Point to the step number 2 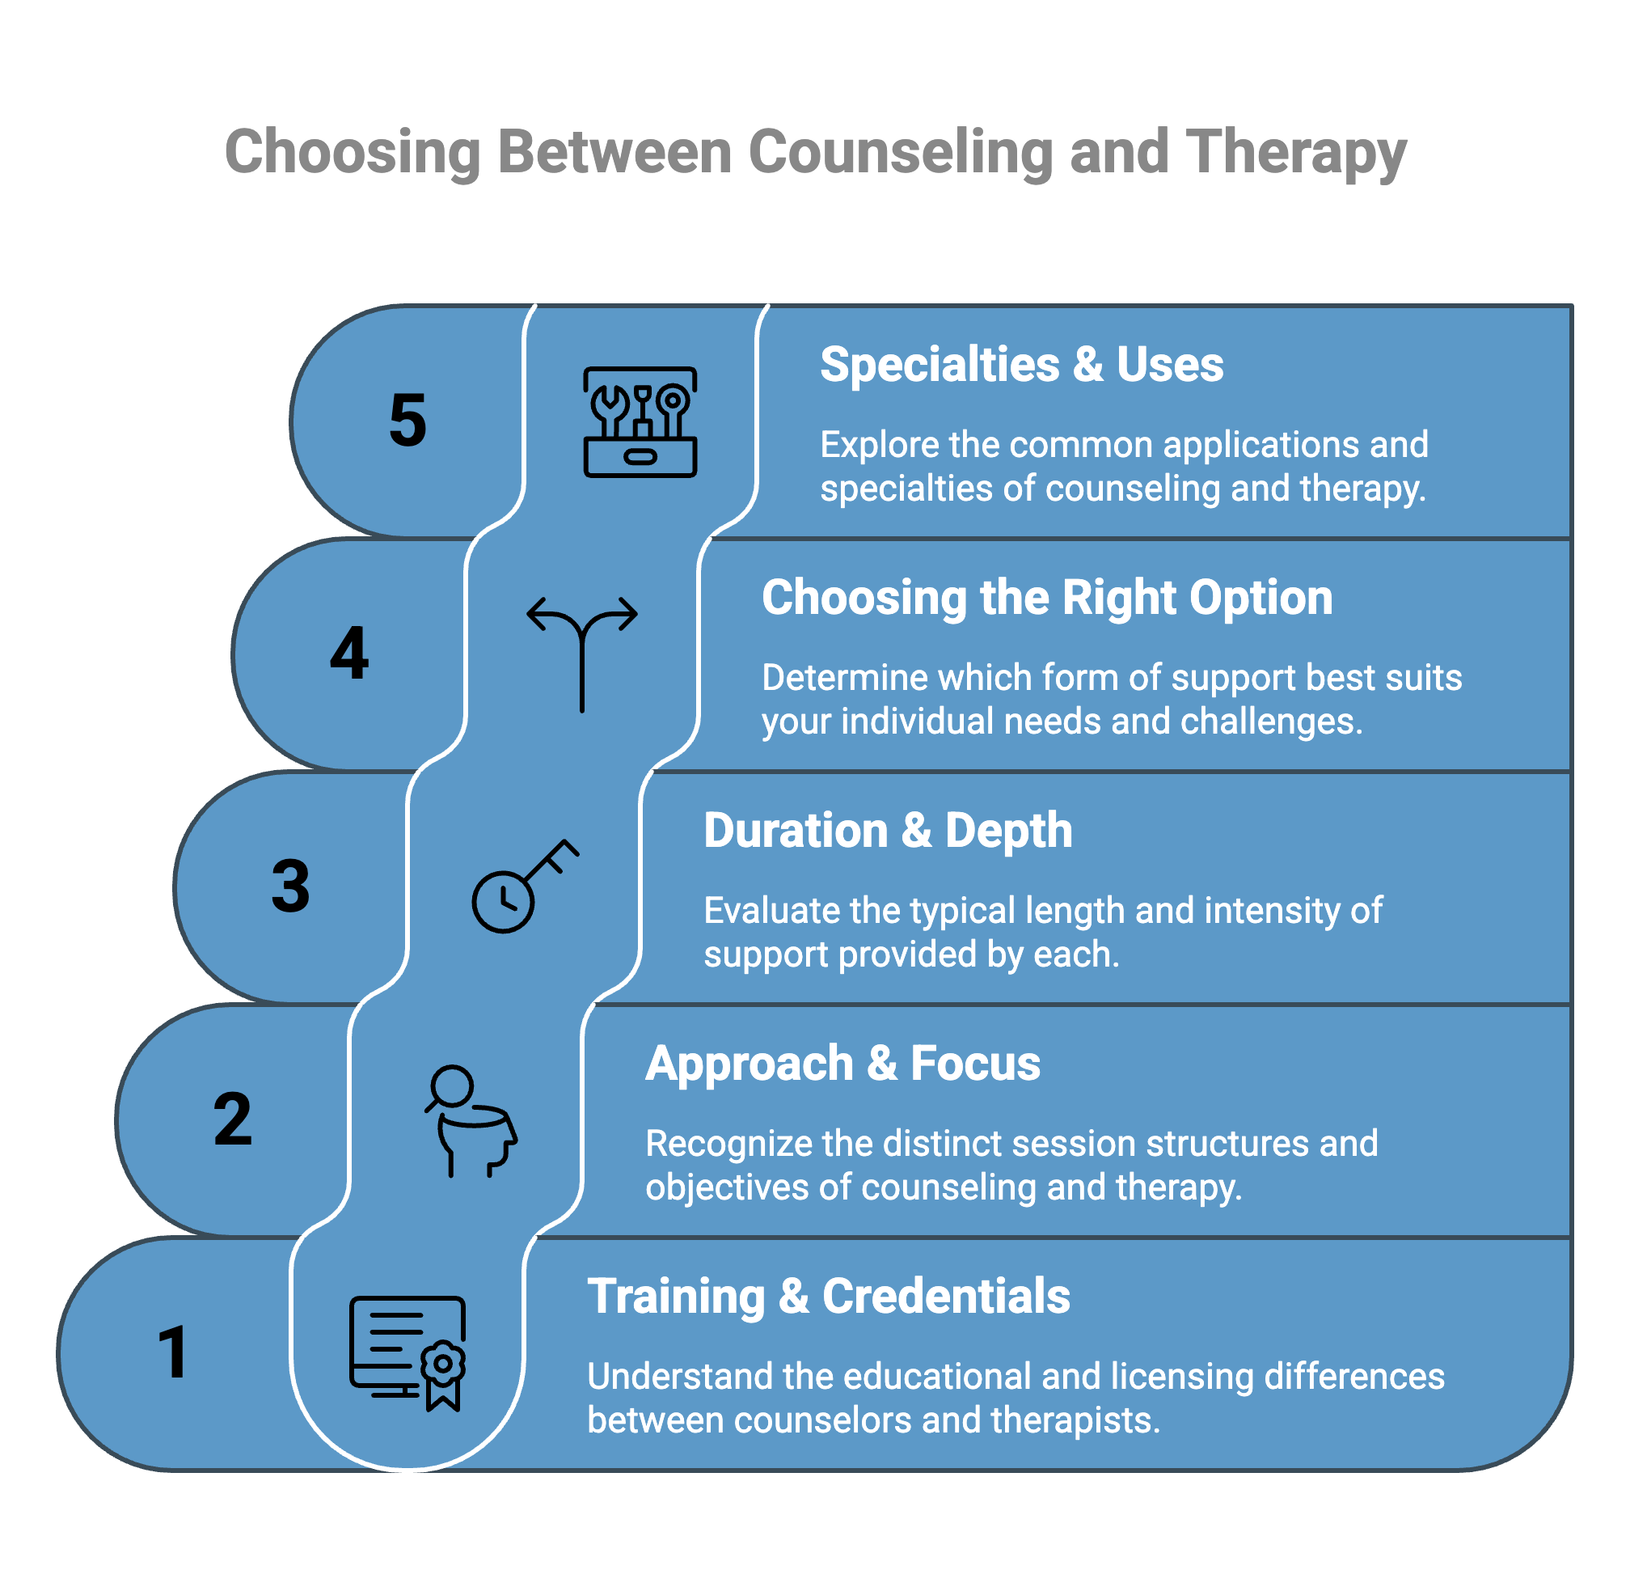233,1119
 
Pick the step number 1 173,1352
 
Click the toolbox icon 640,421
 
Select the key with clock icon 524,886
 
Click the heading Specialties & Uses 1022,364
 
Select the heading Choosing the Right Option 1047,598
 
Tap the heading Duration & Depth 888,830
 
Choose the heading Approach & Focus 842,1064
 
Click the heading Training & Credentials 828,1296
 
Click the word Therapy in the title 1296,153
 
